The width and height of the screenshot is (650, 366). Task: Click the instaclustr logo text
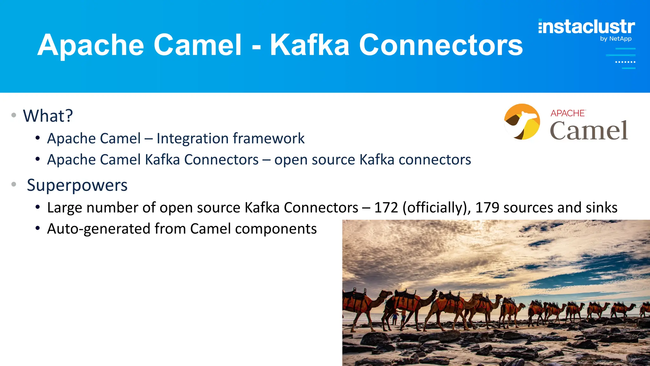click(x=587, y=27)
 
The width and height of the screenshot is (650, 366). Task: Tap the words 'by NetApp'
click(x=616, y=39)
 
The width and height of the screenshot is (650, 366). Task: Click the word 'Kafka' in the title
click(x=309, y=45)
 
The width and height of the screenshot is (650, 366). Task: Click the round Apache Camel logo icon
click(x=522, y=122)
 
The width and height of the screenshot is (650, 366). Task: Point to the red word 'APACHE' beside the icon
click(x=568, y=113)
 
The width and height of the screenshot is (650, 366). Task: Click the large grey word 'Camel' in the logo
click(x=589, y=131)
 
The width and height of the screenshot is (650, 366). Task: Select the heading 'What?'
click(x=48, y=116)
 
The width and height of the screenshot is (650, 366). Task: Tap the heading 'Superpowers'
click(x=77, y=185)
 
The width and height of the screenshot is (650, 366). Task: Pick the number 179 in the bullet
click(x=487, y=208)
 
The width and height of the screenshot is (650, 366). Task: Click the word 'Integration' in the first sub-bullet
click(x=192, y=139)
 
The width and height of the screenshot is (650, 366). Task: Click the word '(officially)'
click(x=437, y=208)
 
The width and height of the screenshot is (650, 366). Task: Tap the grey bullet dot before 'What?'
click(x=14, y=115)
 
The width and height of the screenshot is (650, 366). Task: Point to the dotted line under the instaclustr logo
click(x=625, y=62)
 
